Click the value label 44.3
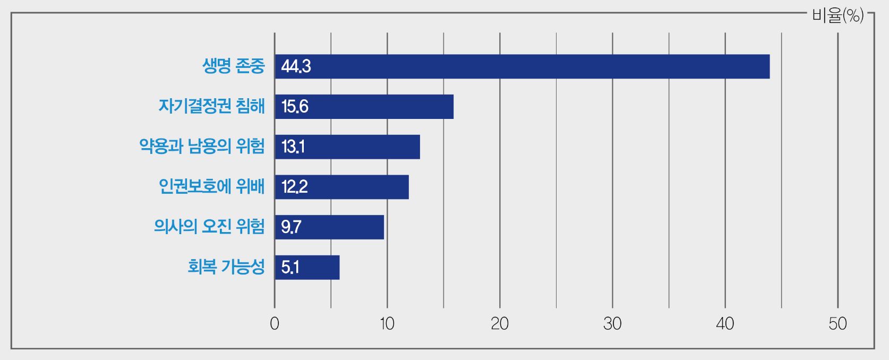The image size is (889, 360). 296,67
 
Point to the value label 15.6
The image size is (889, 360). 295,107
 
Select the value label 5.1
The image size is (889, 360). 290,268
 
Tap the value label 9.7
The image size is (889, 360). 291,227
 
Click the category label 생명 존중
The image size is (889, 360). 233,66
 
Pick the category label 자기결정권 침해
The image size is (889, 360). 211,106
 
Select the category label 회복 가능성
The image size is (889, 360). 226,267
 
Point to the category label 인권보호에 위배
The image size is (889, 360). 211,187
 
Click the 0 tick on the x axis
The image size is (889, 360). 275,324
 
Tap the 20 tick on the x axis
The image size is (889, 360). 500,324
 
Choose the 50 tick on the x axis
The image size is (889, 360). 837,324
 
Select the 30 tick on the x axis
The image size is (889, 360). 612,324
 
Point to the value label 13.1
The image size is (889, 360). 293,147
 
